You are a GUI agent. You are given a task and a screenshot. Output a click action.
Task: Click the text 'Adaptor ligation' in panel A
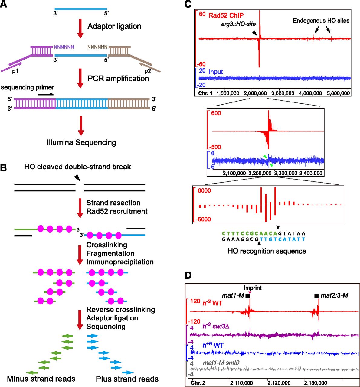coord(114,26)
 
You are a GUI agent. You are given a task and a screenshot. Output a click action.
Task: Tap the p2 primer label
coord(147,71)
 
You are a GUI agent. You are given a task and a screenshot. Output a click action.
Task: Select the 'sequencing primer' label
coord(28,88)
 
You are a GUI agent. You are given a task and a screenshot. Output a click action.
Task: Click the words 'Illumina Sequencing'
coord(81,142)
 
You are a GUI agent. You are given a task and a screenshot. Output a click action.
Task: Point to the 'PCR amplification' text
coord(118,79)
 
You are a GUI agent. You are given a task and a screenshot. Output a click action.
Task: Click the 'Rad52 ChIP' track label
coord(226,15)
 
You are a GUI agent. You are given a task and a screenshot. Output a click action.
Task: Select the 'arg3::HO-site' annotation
coord(238,24)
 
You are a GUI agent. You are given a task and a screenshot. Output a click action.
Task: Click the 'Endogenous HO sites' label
coord(321,21)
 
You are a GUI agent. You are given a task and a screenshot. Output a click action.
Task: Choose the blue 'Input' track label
coord(216,72)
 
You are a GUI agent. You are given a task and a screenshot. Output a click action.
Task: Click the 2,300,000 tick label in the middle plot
coord(286,173)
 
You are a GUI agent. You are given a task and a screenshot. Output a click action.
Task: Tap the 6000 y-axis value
coord(205,191)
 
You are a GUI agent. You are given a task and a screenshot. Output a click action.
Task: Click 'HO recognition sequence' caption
coord(267,251)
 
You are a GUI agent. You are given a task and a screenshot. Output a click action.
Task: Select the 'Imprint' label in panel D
coord(253,288)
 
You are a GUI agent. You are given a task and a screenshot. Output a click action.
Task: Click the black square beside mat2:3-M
coord(316,296)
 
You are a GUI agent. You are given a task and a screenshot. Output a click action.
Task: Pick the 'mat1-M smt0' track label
coord(221,363)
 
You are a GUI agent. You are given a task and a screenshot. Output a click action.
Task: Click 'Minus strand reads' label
coord(41,379)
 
